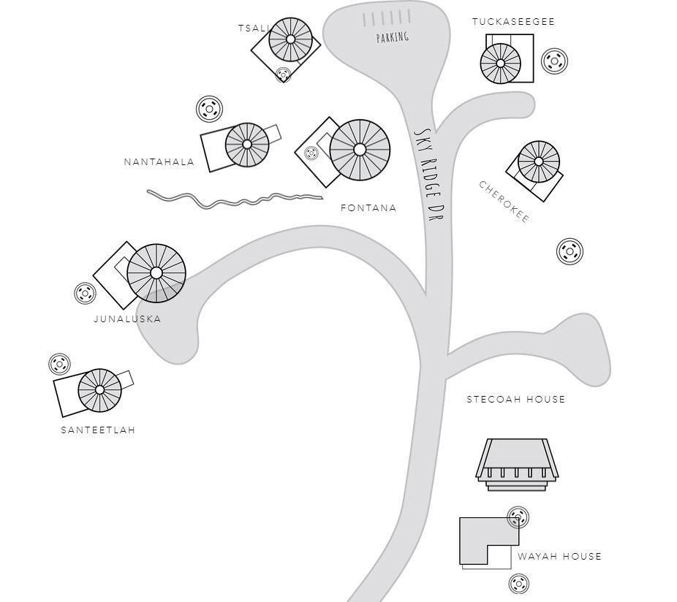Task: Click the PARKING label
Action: coord(393,37)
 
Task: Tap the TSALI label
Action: coord(254,28)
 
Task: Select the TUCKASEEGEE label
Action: coord(513,22)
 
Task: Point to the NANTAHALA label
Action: coord(159,162)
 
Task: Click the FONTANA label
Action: coord(368,208)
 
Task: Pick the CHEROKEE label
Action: coord(504,202)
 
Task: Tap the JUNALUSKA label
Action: coord(127,319)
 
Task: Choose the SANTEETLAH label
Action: coord(99,430)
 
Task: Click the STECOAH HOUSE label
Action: coord(516,400)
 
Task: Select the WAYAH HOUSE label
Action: coord(559,556)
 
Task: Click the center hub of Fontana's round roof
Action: coord(360,150)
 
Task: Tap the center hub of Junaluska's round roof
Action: coord(156,273)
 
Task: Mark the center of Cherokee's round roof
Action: coord(538,161)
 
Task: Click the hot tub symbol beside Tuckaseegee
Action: coord(554,61)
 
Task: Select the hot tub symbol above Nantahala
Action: coord(209,109)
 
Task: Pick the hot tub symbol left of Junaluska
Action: coord(85,294)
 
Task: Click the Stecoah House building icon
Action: coord(517,465)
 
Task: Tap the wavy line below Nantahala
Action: coord(235,199)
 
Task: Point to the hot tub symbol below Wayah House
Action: coord(519,584)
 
